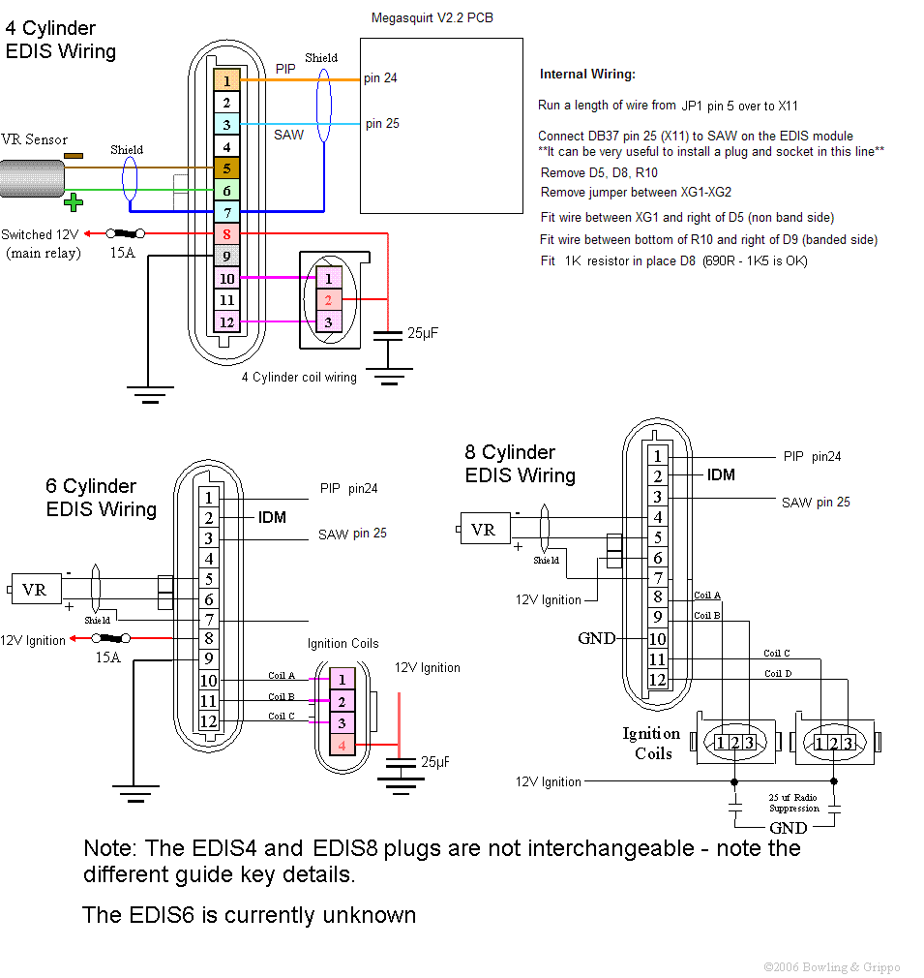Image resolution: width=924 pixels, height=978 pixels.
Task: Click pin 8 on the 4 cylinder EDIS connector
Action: pos(226,233)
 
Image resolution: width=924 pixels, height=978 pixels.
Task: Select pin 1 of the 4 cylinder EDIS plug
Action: pos(226,81)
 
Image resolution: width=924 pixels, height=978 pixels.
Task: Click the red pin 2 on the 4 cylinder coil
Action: pos(328,300)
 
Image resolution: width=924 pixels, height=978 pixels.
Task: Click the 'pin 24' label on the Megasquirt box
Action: pos(380,78)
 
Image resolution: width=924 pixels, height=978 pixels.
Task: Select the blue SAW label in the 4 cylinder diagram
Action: pos(288,135)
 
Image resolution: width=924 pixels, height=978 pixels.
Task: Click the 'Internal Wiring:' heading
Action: pos(587,75)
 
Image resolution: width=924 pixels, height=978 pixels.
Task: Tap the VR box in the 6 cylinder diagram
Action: pos(34,589)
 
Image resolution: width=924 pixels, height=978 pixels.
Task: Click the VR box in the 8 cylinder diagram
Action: pos(484,530)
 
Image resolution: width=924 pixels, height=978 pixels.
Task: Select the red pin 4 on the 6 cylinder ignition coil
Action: pos(342,745)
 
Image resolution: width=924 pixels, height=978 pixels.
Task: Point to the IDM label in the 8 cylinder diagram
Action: pos(721,474)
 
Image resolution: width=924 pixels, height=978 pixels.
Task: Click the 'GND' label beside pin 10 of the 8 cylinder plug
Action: pos(596,639)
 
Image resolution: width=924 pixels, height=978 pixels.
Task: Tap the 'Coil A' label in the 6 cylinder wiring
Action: pos(282,676)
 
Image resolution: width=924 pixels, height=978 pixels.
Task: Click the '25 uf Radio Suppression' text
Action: pos(793,802)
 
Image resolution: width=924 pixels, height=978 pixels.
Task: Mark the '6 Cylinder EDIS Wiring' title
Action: pos(101,498)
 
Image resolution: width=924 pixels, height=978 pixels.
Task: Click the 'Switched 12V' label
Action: pos(40,234)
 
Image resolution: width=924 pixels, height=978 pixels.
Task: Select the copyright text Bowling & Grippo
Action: pos(831,966)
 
